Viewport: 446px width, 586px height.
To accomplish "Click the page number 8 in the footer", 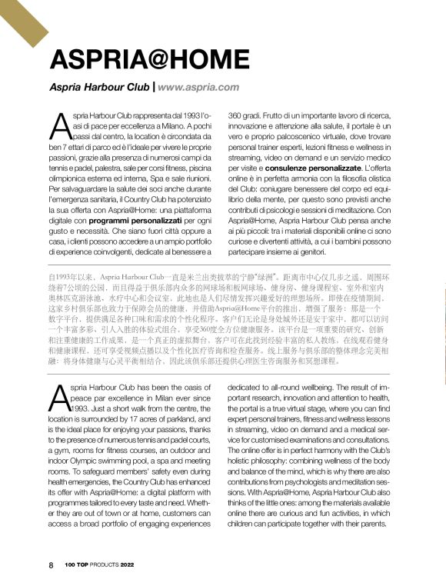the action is point(51,565).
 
